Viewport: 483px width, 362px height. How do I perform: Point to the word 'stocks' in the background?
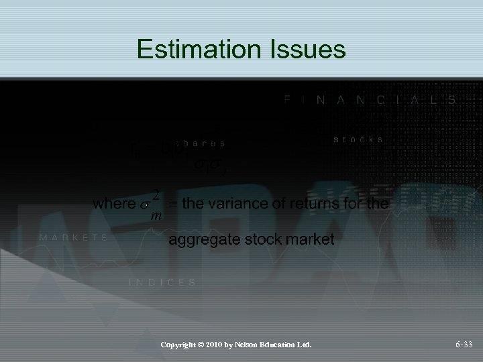click(x=359, y=139)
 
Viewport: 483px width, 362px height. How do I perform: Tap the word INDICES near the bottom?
click(x=162, y=282)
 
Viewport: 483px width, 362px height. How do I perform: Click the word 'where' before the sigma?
click(x=115, y=203)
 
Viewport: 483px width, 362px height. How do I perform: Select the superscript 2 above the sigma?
click(x=155, y=194)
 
